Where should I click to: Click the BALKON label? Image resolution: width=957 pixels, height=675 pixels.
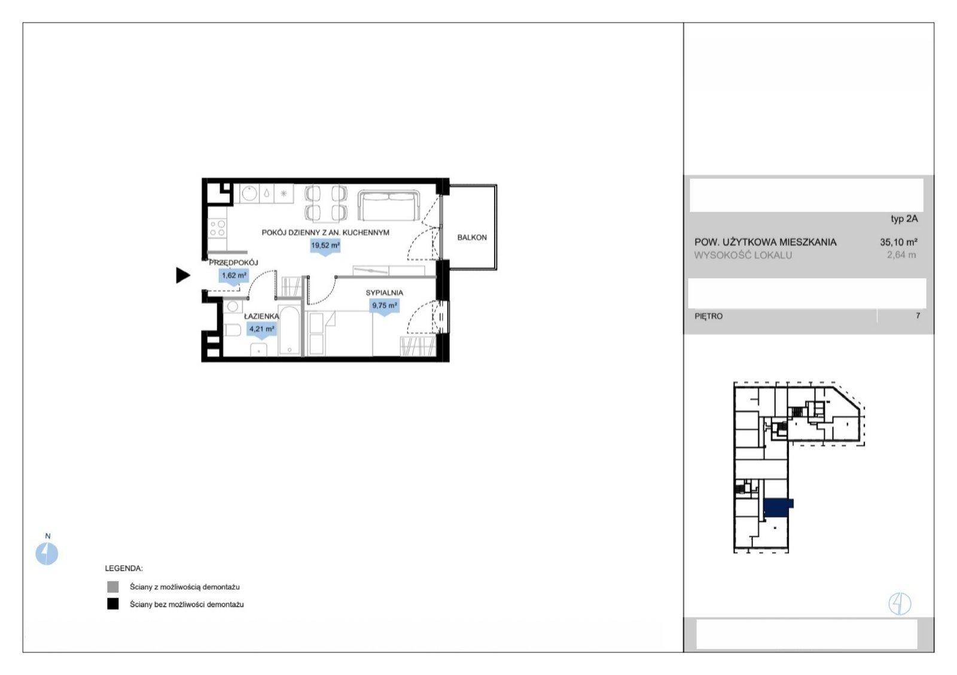click(x=472, y=237)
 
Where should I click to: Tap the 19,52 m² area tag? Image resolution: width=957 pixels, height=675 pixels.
click(x=325, y=246)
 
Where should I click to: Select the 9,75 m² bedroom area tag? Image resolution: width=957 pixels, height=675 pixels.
click(x=384, y=306)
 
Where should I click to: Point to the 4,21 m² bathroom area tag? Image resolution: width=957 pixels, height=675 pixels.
click(x=261, y=330)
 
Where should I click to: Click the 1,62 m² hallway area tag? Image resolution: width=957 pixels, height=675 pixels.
click(x=234, y=276)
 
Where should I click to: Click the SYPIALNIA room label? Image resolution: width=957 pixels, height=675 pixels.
click(x=384, y=293)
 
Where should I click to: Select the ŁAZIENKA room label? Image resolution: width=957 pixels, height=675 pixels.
click(x=261, y=317)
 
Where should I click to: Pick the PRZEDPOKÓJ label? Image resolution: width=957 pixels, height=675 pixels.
click(x=233, y=263)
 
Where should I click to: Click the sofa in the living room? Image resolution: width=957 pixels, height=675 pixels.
click(x=388, y=206)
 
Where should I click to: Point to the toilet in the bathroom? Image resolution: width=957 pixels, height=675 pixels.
click(x=232, y=330)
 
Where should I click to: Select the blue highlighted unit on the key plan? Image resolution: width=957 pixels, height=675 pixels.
click(x=778, y=508)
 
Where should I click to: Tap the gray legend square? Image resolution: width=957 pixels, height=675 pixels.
click(x=113, y=586)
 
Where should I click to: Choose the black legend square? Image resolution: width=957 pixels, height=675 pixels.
click(x=113, y=604)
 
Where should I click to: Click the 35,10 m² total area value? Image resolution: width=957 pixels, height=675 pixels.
click(x=898, y=242)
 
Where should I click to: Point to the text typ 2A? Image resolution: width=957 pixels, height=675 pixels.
click(x=904, y=219)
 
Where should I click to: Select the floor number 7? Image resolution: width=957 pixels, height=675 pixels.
click(x=918, y=315)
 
